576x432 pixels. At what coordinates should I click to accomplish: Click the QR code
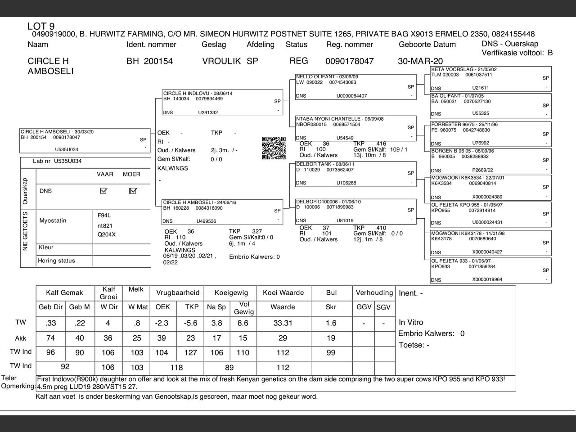pyautogui.click(x=274, y=148)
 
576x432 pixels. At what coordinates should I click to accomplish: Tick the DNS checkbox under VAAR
pyautogui.click(x=103, y=191)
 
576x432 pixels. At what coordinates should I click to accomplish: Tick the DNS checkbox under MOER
pyautogui.click(x=132, y=191)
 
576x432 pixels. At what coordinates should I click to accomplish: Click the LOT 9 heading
pyautogui.click(x=41, y=27)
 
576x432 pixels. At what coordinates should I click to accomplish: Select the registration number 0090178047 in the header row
pyautogui.click(x=349, y=61)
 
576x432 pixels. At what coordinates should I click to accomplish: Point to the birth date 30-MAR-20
pyautogui.click(x=420, y=61)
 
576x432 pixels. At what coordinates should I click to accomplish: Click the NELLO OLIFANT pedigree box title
pyautogui.click(x=327, y=77)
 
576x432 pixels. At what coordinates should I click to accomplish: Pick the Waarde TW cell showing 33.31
pyautogui.click(x=283, y=323)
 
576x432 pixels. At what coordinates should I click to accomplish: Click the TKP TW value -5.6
pyautogui.click(x=191, y=323)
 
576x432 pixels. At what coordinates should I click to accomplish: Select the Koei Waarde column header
pyautogui.click(x=283, y=292)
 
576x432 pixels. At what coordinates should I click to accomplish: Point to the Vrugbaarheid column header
pyautogui.click(x=177, y=292)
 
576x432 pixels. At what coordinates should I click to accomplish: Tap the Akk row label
pyautogui.click(x=21, y=338)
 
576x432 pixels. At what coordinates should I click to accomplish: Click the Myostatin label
pyautogui.click(x=53, y=220)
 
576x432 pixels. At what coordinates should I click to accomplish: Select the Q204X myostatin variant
pyautogui.click(x=106, y=234)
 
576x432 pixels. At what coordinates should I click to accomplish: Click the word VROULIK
pyautogui.click(x=221, y=61)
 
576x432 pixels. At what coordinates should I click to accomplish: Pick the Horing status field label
pyautogui.click(x=56, y=261)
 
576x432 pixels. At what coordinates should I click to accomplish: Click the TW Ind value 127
pyautogui.click(x=191, y=353)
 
